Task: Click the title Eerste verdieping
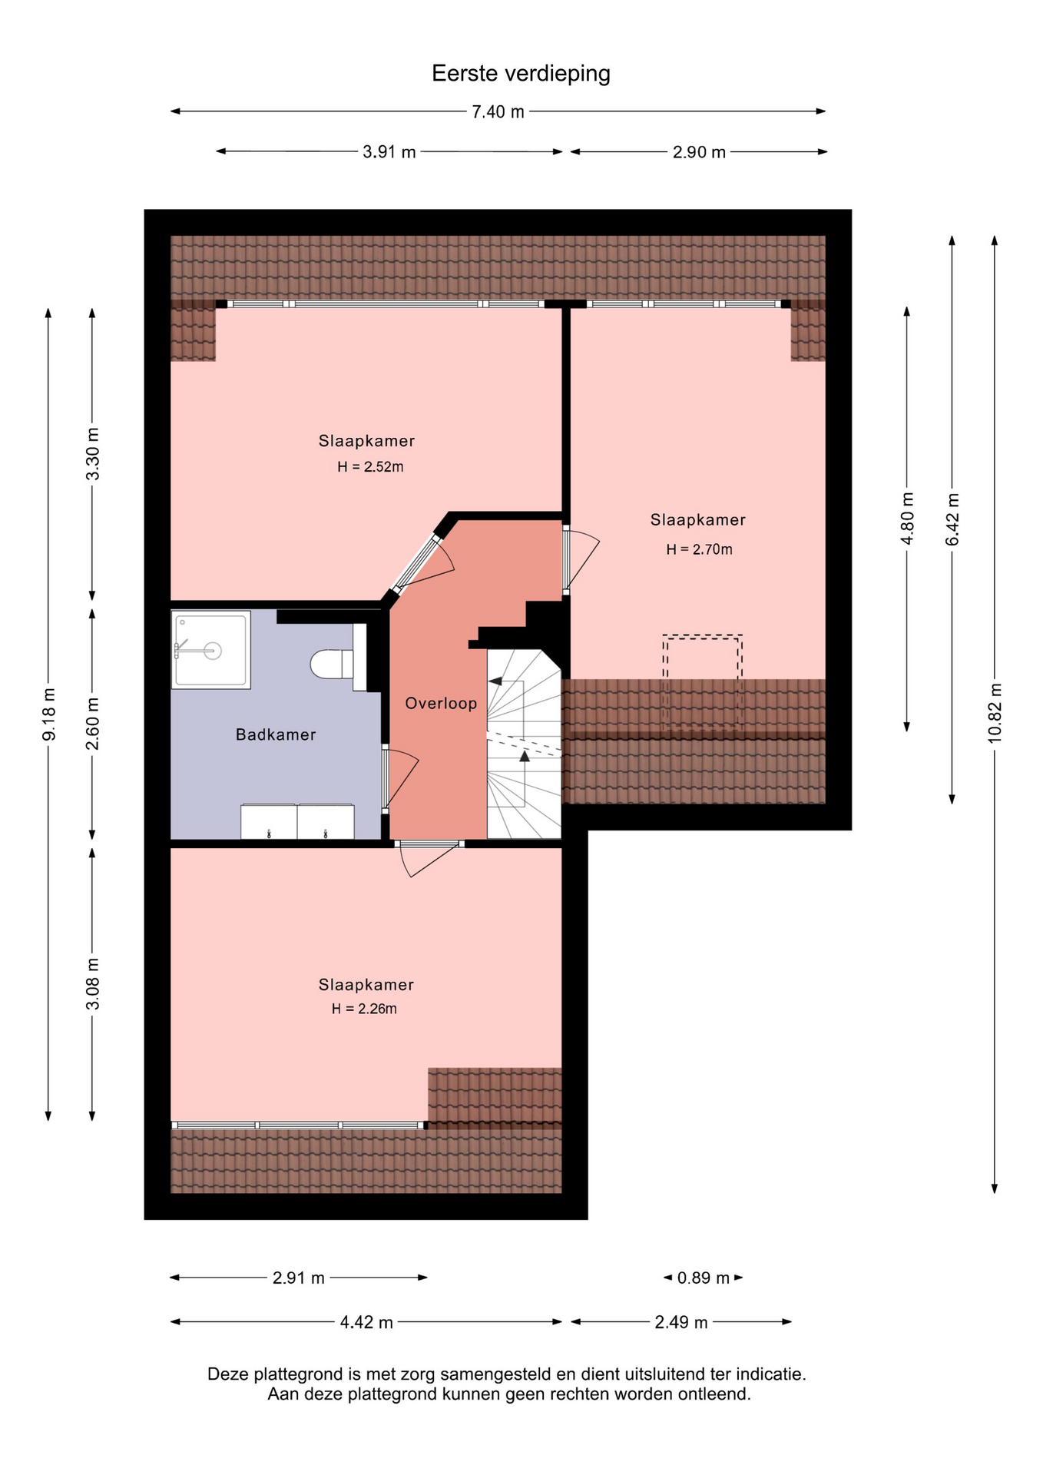coord(521,74)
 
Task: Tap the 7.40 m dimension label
coord(498,112)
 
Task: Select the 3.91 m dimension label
coord(389,152)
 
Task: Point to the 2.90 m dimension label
coord(699,152)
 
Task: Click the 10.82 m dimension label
coord(995,712)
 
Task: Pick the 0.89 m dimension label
coord(703,1278)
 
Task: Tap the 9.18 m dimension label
coord(49,713)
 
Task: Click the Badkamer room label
coord(276,734)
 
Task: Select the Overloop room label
coord(441,703)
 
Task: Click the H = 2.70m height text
coord(699,549)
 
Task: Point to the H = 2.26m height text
coord(364,1009)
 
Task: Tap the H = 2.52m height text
coord(370,466)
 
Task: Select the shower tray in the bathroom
coord(211,649)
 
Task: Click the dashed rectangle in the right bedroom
coord(702,681)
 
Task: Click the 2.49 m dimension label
coord(680,1322)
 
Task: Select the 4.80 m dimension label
coord(907,519)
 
